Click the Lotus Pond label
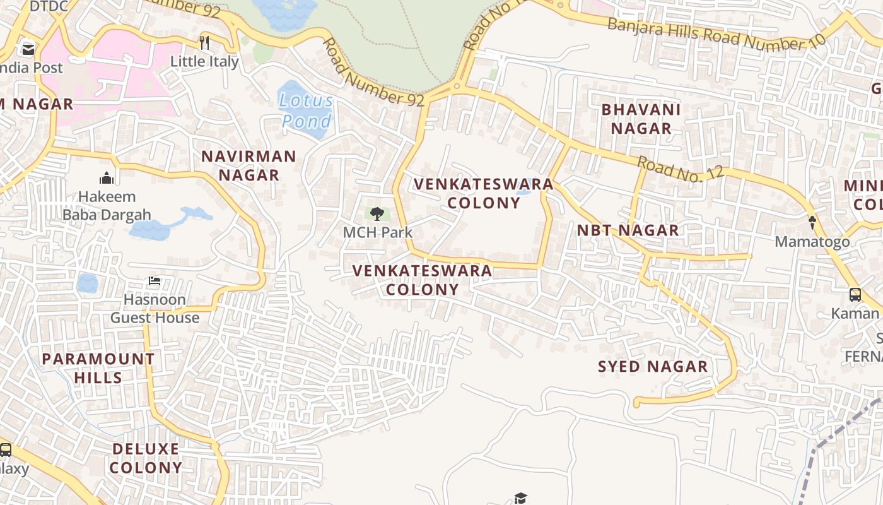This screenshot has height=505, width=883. pos(306,110)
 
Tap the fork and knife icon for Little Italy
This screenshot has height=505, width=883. pos(204,42)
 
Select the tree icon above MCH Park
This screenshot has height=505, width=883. pos(377,214)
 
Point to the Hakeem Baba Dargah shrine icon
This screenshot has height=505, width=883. pos(107,178)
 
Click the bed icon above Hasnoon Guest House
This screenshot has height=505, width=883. pos(155,281)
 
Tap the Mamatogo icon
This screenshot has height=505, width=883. pos(812,222)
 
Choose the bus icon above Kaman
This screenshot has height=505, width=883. pos(855,294)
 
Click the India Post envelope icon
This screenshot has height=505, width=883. pos(28,49)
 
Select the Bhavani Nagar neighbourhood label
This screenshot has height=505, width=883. pos(641,119)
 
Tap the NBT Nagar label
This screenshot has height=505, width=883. pos(628,230)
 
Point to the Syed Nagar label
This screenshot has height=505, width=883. pos(652,367)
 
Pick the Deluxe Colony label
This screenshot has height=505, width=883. pos(146,458)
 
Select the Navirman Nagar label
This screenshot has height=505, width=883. pos(249,165)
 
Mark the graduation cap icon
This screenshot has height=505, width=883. pos(520,498)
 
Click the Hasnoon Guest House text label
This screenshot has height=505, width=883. pos(155,309)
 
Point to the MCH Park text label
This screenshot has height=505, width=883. pos(377,232)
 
